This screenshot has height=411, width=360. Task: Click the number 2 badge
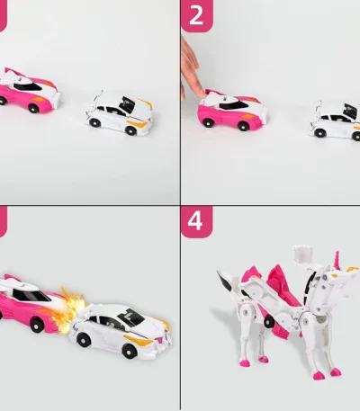[x=196, y=15]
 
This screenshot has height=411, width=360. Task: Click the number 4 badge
[x=196, y=222]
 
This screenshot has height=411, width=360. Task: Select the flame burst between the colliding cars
[x=68, y=312]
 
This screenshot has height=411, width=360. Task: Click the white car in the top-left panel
[x=119, y=112]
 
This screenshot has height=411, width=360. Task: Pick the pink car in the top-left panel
[x=29, y=91]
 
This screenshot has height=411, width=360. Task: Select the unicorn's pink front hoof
[x=317, y=376]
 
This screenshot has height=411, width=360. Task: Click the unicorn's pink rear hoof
[x=245, y=363]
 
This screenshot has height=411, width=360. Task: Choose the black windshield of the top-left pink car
[x=28, y=86]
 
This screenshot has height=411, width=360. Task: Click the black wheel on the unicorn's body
[x=269, y=322]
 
